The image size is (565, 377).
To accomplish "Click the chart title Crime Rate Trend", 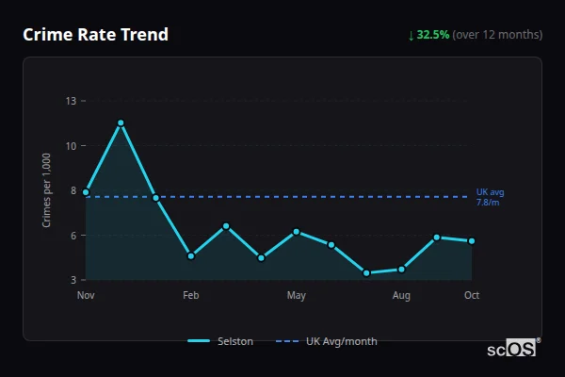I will pos(95,35).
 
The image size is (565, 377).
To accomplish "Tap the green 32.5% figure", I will pos(432,35).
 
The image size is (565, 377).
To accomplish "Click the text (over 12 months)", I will pos(497,35).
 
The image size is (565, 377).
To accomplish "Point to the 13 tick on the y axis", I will pos(72,101).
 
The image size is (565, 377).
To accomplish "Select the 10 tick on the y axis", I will pos(72,145).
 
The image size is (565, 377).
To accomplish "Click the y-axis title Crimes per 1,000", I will pos(46,191).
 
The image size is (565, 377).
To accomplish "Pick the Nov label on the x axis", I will pos(86,296).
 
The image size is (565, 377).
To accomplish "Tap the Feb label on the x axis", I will pos(191,296).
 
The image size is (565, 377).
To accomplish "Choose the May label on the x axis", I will pos(297,296).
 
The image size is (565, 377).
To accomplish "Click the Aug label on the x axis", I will pos(401,296).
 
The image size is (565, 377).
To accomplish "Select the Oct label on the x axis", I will pos(472,296).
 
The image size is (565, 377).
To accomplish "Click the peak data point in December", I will pos(121,123).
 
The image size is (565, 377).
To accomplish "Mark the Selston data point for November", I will pos(86,192).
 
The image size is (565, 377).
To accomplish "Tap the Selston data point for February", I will pos(191,255).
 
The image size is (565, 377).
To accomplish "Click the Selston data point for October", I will pos(472,241).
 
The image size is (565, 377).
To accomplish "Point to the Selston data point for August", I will pos(401,270).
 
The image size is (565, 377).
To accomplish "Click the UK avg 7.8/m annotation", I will pos(490,197).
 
